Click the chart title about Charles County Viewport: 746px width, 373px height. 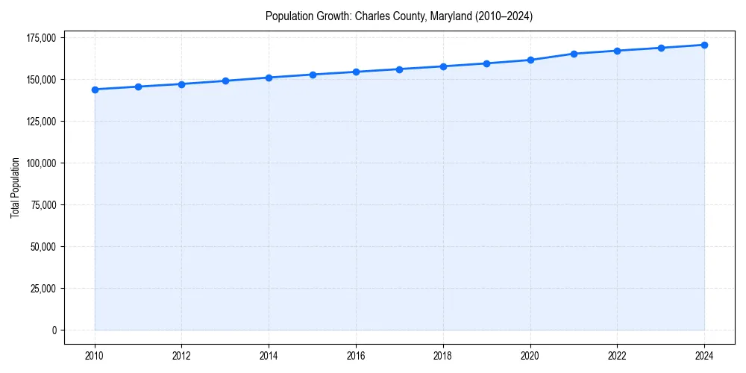399,16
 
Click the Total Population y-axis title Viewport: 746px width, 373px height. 15,187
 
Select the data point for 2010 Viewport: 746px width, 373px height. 95,90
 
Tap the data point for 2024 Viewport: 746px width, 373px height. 704,45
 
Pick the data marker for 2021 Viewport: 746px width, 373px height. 574,54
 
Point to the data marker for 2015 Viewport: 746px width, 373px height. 313,75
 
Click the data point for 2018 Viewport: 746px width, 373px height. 443,66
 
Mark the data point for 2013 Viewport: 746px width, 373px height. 225,81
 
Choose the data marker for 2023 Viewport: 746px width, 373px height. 661,48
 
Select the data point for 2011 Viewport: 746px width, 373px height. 138,87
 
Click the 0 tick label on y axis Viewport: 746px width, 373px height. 54,330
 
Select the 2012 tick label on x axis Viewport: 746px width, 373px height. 182,355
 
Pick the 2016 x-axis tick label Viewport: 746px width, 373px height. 356,355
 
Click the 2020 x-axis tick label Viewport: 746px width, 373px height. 530,355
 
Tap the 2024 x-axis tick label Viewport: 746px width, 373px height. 704,355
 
